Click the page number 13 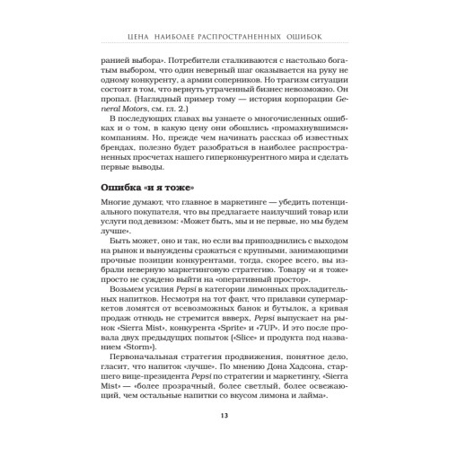click(224, 415)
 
